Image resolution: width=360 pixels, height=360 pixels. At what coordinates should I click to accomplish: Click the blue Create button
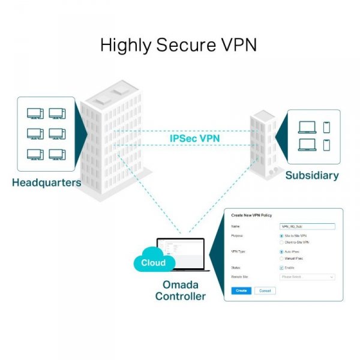coord(241,290)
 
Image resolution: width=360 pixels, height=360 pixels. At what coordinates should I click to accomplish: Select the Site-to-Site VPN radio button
coord(283,236)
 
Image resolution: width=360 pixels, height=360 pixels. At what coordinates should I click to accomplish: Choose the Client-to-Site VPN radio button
coord(283,242)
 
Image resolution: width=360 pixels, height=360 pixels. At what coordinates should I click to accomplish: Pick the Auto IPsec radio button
coord(283,251)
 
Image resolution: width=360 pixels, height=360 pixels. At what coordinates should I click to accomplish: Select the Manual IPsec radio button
coord(283,259)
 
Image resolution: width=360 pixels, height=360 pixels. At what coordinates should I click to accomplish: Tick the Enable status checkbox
coord(283,268)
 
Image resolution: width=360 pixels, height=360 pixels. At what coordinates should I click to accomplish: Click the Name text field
coord(307,227)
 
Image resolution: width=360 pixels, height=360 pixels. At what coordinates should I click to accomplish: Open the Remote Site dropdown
coord(307,277)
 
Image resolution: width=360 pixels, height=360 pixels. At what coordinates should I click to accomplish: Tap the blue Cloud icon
coord(154,262)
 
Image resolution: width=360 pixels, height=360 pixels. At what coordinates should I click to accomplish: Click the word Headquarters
coord(46,182)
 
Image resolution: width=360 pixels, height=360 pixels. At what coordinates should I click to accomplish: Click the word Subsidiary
coord(311,176)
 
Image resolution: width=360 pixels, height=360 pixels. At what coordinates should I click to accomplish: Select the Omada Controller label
coord(180,290)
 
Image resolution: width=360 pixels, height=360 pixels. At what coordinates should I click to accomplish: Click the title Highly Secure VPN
coord(178,45)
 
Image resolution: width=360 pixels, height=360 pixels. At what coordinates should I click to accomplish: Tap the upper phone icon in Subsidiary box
coord(326,127)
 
